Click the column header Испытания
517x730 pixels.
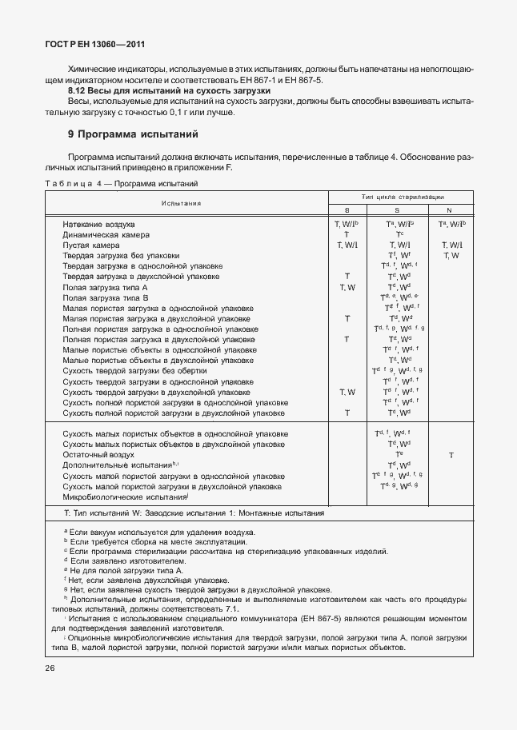180,203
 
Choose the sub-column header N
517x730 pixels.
451,209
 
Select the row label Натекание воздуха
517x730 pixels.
98,225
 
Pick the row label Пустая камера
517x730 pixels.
92,245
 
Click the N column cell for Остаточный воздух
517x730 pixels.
451,454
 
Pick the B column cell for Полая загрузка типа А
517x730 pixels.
347,287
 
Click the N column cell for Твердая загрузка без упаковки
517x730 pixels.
451,256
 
